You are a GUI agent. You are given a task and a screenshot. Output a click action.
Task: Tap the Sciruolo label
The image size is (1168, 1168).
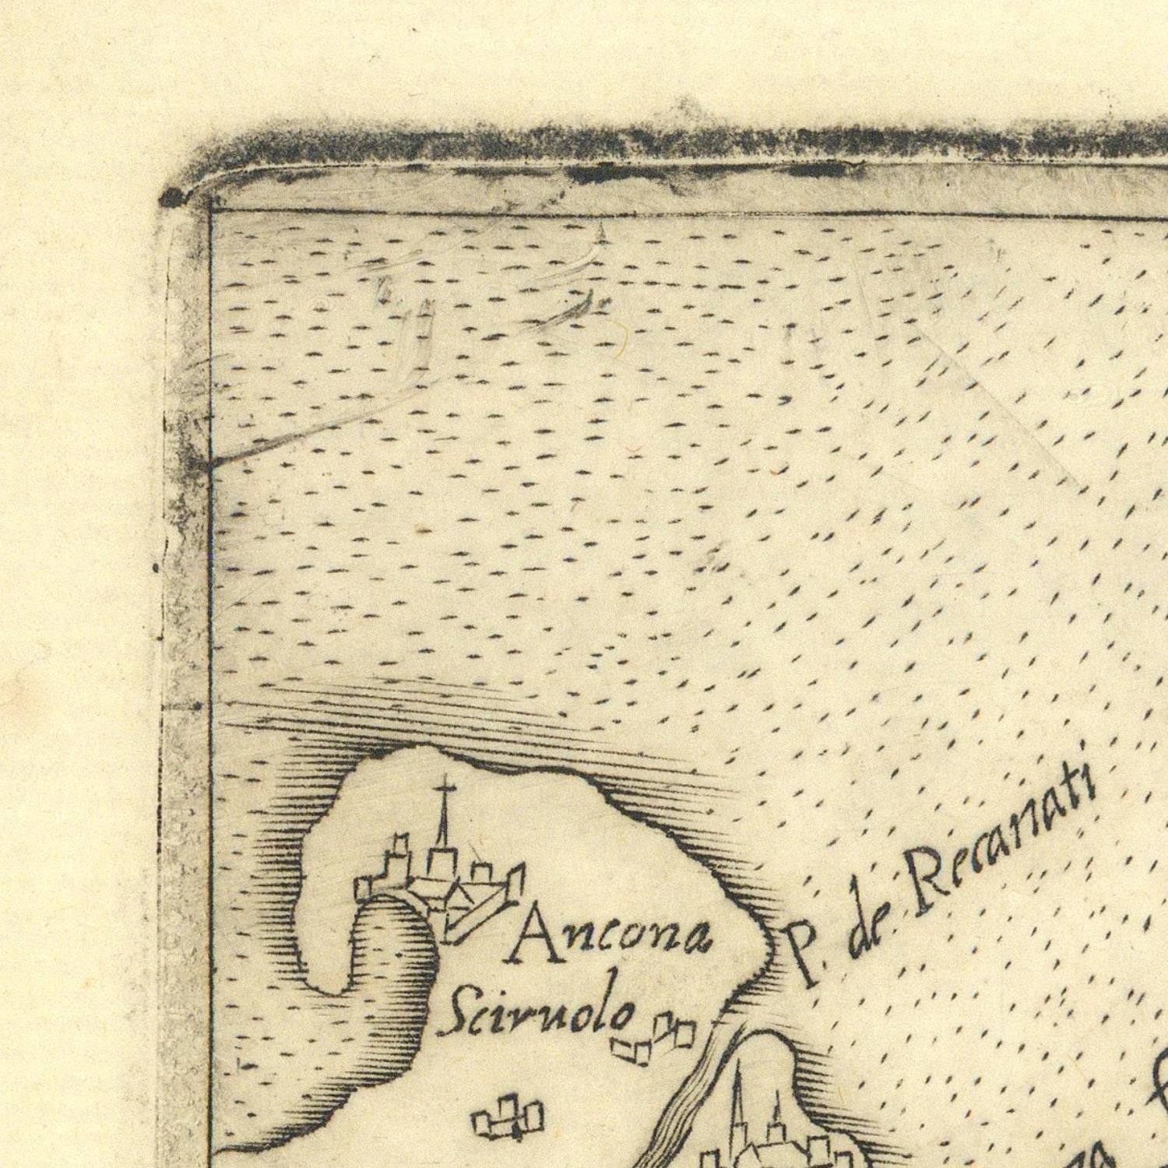pos(537,1012)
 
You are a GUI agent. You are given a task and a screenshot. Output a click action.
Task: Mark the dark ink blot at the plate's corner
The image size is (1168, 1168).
pos(173,199)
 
